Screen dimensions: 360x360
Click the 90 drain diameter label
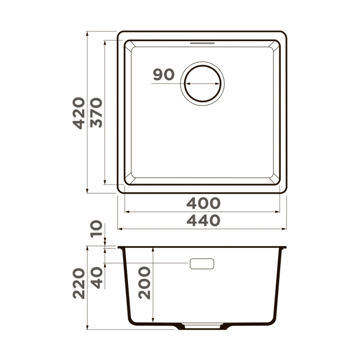(164, 75)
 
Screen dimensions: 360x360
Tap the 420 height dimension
(79, 113)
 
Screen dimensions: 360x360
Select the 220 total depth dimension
(79, 283)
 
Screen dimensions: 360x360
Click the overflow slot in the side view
(202, 264)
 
